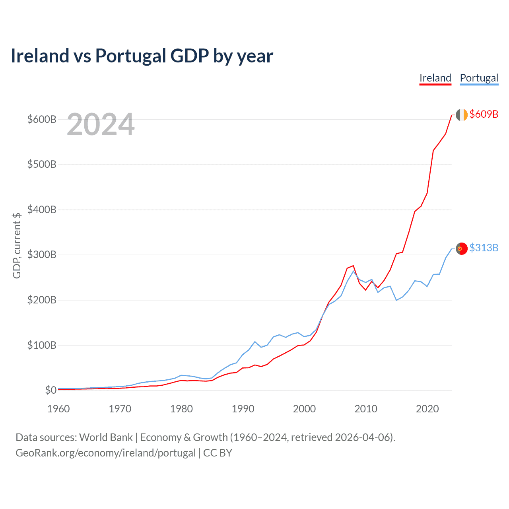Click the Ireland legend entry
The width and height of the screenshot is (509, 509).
click(435, 78)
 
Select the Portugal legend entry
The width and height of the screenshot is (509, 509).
click(479, 78)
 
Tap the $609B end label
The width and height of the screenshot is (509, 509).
click(484, 114)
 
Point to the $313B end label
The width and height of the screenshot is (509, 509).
click(484, 248)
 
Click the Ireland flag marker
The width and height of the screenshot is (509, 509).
click(461, 115)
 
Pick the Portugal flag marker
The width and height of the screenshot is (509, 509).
click(461, 249)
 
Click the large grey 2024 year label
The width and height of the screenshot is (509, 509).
click(101, 124)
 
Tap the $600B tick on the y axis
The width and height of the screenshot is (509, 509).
click(42, 119)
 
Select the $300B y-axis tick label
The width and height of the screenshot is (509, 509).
click(42, 254)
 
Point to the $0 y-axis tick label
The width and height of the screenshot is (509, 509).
click(51, 390)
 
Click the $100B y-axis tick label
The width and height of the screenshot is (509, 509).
click(42, 345)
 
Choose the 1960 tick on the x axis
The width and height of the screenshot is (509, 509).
click(58, 409)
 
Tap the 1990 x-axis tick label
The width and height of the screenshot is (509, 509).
click(243, 409)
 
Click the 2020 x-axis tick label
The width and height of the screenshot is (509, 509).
click(427, 409)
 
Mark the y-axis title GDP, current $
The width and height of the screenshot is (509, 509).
click(17, 245)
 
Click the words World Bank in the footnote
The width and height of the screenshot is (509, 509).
click(106, 437)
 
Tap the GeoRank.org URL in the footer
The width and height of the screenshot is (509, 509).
click(105, 453)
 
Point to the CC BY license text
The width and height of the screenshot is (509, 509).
click(218, 453)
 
